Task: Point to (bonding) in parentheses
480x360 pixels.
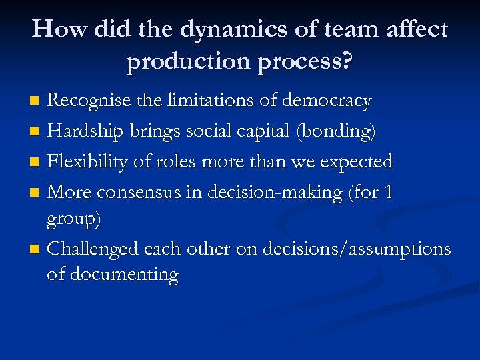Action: tap(339, 133)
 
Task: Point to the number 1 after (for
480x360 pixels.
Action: tap(390, 193)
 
